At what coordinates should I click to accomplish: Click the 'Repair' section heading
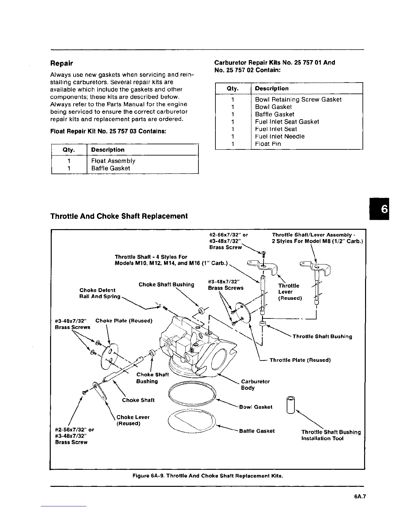click(x=62, y=63)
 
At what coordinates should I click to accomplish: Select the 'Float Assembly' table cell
click(x=113, y=161)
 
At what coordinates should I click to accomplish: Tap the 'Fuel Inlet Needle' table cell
click(x=280, y=136)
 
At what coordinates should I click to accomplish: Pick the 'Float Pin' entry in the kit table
click(x=268, y=144)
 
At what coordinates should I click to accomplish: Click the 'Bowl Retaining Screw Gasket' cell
click(x=298, y=99)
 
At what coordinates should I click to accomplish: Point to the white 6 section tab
click(x=384, y=209)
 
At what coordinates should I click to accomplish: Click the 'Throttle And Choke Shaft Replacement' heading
click(x=119, y=216)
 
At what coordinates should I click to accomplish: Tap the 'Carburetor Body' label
click(x=255, y=385)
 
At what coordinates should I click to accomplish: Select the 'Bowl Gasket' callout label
click(x=256, y=407)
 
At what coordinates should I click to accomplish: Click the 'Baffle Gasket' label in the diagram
click(x=257, y=431)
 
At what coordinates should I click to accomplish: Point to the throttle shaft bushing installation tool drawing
click(x=291, y=406)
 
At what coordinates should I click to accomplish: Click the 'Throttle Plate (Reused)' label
click(x=300, y=360)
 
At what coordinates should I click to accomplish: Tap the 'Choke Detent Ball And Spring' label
click(x=100, y=293)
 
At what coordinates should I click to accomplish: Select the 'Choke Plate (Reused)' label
click(x=124, y=321)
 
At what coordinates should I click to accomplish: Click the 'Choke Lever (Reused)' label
click(x=133, y=420)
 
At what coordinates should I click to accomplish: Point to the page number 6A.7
click(x=360, y=496)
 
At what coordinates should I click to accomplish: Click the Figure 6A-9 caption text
click(x=208, y=476)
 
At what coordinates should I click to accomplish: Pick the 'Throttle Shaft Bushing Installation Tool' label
click(x=331, y=435)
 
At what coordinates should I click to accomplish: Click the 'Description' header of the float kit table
click(x=108, y=150)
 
